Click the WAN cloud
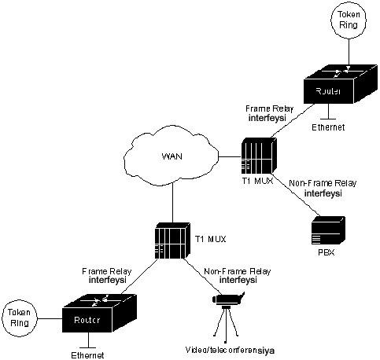[x=172, y=156]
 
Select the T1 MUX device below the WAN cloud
[x=172, y=241]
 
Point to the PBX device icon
[x=328, y=230]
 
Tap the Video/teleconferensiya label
[x=230, y=351]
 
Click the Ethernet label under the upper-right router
[x=328, y=127]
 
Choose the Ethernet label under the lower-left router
[x=87, y=355]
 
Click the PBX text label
[x=327, y=252]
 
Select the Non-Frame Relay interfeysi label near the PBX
[x=323, y=189]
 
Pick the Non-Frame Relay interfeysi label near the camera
[x=238, y=275]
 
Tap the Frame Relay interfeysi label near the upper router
[x=269, y=113]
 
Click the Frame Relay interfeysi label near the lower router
[x=106, y=275]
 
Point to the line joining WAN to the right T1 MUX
[x=230, y=157]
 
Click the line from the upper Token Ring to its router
[x=349, y=53]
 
